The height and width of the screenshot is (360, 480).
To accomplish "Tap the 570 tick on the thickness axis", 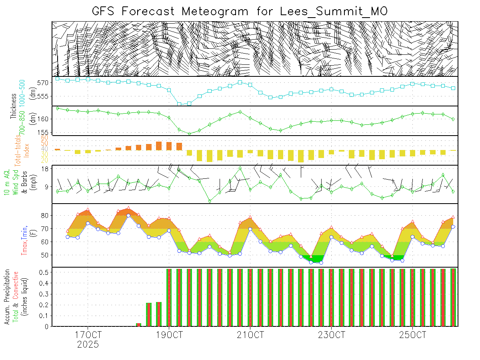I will tap(43, 83).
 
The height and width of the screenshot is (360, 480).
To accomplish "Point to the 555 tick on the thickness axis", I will tap(43, 96).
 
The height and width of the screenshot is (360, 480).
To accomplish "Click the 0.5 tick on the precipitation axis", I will tap(43, 272).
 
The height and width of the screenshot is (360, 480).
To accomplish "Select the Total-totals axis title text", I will tap(18, 150).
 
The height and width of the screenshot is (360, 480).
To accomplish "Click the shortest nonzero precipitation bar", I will tap(138, 324).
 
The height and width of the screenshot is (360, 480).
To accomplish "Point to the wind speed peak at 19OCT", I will tap(179, 170).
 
